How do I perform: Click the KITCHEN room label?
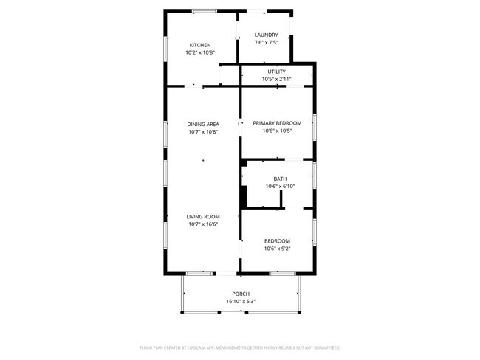pos(200,45)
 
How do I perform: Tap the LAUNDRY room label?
pos(266,35)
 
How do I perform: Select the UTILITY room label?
pos(276,72)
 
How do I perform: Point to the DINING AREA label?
pos(202,124)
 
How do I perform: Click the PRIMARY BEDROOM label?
pos(277,123)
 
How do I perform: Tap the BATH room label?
pos(280,179)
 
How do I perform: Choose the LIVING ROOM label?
pos(203,217)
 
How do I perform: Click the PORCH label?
pos(241,294)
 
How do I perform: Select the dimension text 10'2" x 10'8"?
pos(200,52)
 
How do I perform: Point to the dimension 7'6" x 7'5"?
pos(266,43)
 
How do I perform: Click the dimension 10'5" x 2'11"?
pos(276,79)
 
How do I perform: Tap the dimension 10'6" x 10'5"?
pos(277,131)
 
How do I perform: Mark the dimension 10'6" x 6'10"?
pos(280,186)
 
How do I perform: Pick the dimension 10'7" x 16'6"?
pos(203,224)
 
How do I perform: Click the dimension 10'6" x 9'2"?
pos(277,249)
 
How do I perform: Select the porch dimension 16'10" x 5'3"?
pos(241,301)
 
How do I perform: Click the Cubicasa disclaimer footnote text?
pos(240,347)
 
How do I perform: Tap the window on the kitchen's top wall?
pos(204,11)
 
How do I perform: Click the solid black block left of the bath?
pos(243,197)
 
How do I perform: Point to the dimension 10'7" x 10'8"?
pos(202,131)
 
